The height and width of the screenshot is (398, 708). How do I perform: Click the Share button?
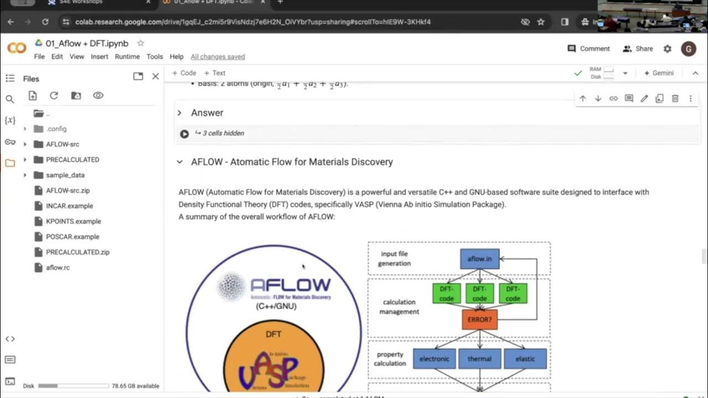(x=638, y=49)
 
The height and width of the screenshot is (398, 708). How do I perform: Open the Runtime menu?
(x=127, y=56)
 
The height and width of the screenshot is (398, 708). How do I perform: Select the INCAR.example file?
(x=69, y=206)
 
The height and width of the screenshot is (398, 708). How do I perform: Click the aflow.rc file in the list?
(x=58, y=268)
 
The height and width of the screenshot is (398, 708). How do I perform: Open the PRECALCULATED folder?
(x=72, y=160)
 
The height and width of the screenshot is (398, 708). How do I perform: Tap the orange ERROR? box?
(x=480, y=320)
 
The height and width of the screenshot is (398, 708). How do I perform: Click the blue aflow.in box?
(x=480, y=259)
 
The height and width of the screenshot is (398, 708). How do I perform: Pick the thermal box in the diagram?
(x=480, y=359)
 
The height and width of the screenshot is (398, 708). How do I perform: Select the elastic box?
(x=525, y=359)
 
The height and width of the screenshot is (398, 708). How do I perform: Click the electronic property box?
(x=434, y=359)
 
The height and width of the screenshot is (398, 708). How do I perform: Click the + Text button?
(x=215, y=73)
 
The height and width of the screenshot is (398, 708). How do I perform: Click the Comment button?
(x=589, y=49)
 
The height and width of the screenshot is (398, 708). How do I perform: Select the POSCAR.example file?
(x=72, y=237)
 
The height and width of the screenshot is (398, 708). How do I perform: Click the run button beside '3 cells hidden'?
(x=184, y=133)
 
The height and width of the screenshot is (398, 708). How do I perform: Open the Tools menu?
(x=154, y=56)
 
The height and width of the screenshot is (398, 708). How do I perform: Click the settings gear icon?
(x=668, y=49)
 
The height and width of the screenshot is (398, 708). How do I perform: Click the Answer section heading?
(x=207, y=113)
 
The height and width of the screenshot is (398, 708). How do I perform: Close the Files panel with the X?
(x=155, y=76)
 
